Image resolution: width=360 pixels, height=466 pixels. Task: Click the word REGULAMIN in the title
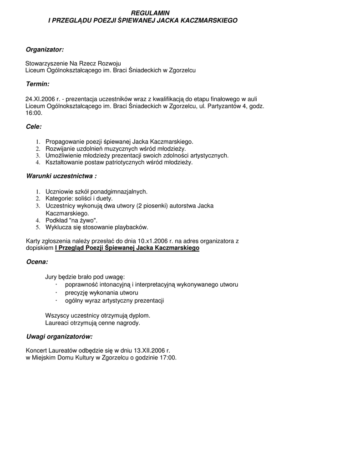[143, 14]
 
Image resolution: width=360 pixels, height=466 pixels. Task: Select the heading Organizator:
[45, 49]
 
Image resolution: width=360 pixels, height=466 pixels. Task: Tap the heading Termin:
[37, 84]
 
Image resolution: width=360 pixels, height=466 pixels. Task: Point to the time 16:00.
[34, 113]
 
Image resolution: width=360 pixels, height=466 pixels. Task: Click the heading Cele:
[34, 127]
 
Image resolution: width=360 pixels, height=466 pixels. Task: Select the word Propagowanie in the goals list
[62, 142]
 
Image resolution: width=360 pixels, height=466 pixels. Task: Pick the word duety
[104, 198]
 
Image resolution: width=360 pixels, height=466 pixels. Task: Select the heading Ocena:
[37, 262]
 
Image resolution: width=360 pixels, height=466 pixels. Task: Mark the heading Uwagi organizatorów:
[59, 336]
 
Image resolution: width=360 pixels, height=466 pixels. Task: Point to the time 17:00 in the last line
[167, 358]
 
